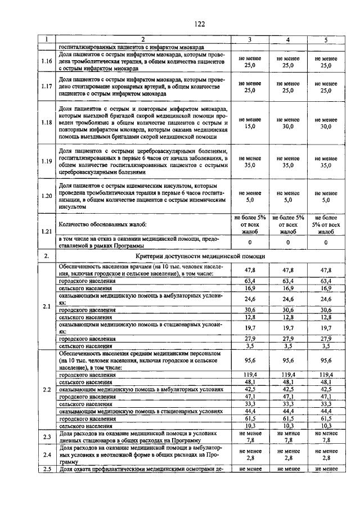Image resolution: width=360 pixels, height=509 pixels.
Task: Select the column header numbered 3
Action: (250, 39)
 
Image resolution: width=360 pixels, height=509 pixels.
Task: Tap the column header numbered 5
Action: (326, 39)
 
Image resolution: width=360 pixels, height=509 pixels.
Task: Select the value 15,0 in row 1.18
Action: (250, 127)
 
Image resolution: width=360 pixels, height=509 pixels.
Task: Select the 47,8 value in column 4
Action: (288, 270)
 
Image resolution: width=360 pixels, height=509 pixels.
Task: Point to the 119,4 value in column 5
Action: (326, 374)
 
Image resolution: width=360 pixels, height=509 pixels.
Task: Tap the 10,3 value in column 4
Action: (288, 426)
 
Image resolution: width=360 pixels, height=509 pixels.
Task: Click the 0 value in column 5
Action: (326, 242)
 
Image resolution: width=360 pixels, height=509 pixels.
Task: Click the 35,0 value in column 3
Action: (250, 165)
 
